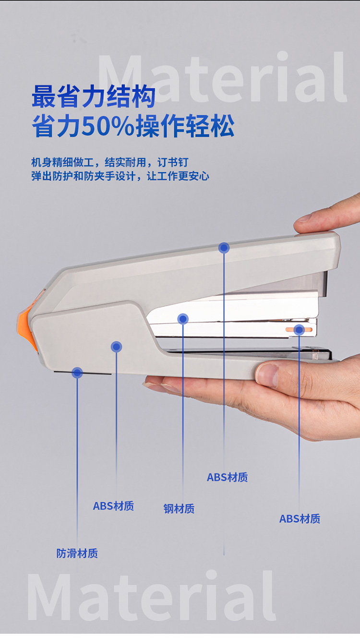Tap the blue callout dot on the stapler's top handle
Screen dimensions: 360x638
224,248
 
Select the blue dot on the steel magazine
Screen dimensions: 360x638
183,319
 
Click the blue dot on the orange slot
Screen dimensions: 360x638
299,330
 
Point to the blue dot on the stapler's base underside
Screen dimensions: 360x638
77,373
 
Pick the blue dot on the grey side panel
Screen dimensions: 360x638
116,347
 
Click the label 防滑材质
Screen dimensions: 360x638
77,553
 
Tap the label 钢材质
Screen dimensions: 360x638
179,508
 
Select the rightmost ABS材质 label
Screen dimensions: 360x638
300,518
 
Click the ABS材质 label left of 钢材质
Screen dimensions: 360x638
113,506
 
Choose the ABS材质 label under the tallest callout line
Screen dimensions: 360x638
227,477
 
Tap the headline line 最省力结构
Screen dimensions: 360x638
94,96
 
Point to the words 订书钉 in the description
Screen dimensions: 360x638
173,162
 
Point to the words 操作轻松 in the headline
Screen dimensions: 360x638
185,126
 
